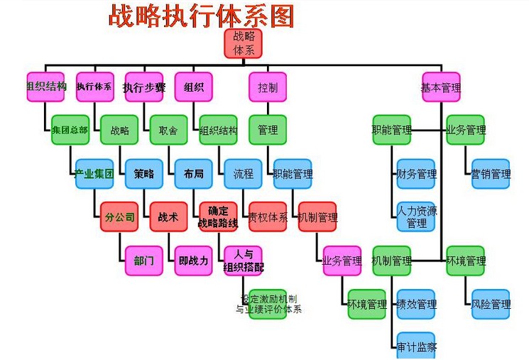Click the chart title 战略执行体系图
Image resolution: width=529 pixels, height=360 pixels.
coord(201,15)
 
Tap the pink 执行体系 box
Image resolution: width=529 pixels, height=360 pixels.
coord(94,87)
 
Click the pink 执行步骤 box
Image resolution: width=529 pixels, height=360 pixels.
coord(144,87)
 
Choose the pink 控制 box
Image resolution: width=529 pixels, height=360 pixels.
coord(268,87)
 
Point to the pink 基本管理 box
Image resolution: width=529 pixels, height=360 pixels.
coord(441,87)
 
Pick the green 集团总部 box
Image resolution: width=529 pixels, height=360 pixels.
coord(70,130)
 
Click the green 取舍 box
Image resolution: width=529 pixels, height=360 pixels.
coord(168,130)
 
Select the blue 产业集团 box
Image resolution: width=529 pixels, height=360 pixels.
coord(94,174)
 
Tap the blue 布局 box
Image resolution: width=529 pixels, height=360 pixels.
coord(194,174)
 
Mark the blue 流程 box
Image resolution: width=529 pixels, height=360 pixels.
coord(244,174)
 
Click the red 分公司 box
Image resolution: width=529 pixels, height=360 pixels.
coord(119,217)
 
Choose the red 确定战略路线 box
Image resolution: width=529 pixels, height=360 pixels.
coord(218,217)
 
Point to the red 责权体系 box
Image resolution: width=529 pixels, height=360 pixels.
coord(268,217)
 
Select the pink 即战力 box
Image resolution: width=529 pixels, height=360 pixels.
coord(194,261)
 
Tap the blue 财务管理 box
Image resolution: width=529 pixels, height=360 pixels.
coord(416,174)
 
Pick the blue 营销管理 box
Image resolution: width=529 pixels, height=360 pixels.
coord(491,174)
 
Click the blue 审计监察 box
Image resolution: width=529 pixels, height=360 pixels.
coord(416,347)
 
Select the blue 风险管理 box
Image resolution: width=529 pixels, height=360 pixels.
coord(491,304)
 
